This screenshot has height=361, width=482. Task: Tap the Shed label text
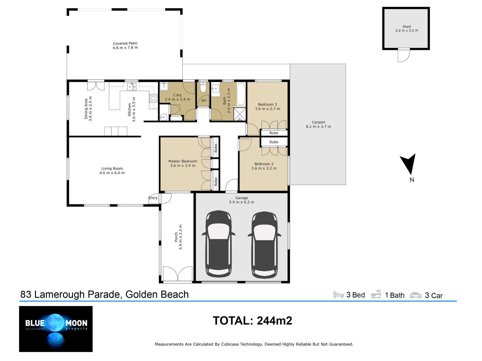click(406, 27)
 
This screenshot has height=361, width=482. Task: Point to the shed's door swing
click(404, 55)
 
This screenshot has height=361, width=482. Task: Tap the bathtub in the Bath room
click(241, 94)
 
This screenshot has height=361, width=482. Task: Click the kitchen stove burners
click(153, 98)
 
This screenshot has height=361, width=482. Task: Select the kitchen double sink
click(132, 86)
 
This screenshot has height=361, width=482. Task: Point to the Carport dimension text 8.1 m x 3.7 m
click(318, 127)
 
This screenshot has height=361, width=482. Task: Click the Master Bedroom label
click(183, 161)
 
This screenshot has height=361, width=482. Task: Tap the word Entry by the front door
click(153, 198)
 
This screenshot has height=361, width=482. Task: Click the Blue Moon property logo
click(56, 329)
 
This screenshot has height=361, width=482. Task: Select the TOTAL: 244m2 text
click(252, 321)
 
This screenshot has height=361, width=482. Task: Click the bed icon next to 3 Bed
click(338, 294)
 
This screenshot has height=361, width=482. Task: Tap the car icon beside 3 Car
click(416, 295)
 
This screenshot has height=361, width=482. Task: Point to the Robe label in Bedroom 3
click(274, 133)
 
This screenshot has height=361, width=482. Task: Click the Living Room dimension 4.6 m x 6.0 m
click(112, 173)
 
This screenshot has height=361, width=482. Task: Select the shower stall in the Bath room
click(240, 114)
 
